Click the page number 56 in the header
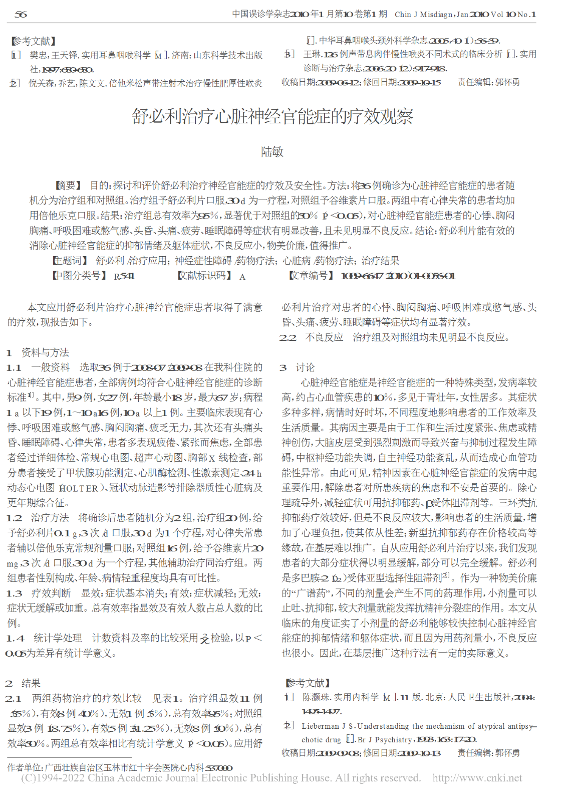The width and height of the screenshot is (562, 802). click(x=21, y=15)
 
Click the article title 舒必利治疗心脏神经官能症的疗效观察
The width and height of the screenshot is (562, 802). click(x=272, y=116)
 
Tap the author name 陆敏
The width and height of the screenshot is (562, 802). click(x=272, y=152)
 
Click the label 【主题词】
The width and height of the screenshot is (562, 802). click(x=70, y=261)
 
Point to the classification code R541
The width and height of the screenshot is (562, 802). click(x=124, y=276)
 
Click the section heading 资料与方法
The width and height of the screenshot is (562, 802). click(x=45, y=352)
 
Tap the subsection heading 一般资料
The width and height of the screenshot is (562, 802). click(x=51, y=367)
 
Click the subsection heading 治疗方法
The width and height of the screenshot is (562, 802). click(x=50, y=518)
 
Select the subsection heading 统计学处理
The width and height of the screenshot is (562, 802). click(x=58, y=638)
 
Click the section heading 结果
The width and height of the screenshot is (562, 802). click(x=31, y=683)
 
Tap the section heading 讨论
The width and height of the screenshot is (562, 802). click(x=305, y=367)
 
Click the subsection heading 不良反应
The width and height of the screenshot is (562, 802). click(x=324, y=337)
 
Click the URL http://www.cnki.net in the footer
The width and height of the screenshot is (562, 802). click(x=477, y=778)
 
